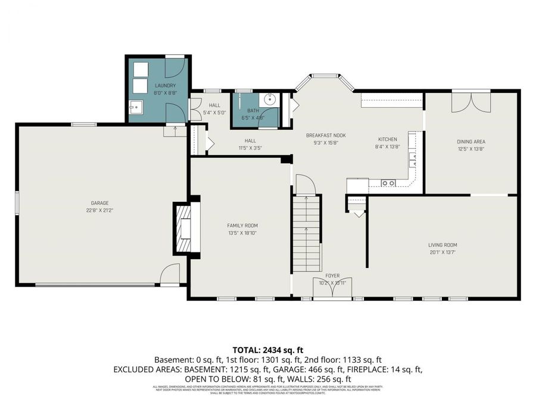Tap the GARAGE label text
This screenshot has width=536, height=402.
click(x=99, y=203)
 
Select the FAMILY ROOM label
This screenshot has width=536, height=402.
click(x=242, y=225)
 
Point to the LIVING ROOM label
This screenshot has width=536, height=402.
click(x=442, y=245)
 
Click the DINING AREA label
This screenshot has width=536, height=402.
click(x=471, y=142)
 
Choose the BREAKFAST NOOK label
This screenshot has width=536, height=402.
click(x=326, y=135)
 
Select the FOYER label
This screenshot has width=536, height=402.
click(x=332, y=276)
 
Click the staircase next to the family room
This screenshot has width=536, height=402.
click(x=306, y=235)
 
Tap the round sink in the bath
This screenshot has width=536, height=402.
click(x=270, y=100)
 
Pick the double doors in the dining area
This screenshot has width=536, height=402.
click(x=471, y=102)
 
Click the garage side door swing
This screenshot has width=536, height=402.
click(x=170, y=275)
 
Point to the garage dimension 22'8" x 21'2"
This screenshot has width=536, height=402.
click(x=99, y=210)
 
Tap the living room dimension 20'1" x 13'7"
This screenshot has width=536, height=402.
click(x=442, y=252)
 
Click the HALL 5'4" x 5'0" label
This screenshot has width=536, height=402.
click(x=214, y=108)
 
